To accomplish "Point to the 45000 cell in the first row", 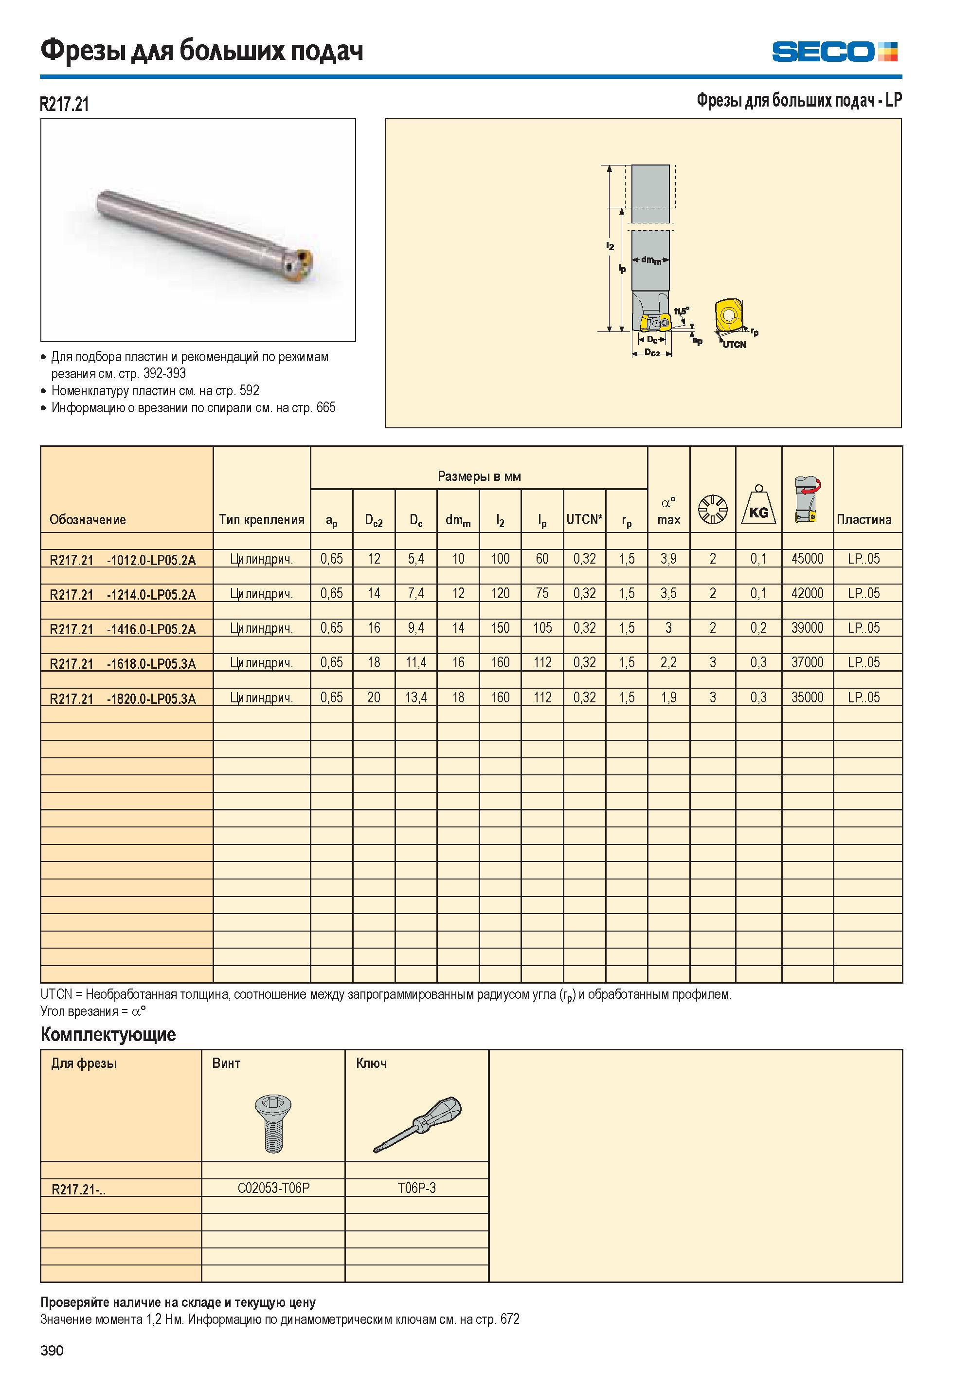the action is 807,558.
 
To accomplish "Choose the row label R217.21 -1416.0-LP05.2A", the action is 123,629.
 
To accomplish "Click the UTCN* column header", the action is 584,519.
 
